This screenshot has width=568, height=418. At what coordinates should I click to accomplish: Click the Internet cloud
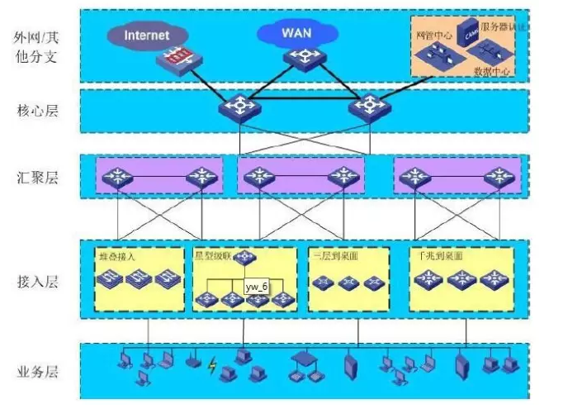[147, 36]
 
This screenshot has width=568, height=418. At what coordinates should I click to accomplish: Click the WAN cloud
[296, 33]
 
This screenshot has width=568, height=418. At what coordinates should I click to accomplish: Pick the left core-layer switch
[239, 107]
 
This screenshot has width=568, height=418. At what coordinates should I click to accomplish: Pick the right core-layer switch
[364, 107]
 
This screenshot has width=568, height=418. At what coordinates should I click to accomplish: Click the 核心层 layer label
[35, 110]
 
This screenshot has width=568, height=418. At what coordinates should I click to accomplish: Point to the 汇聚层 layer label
[35, 177]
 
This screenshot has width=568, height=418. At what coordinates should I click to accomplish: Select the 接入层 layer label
[35, 282]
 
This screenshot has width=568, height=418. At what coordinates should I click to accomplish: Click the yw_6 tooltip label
[257, 286]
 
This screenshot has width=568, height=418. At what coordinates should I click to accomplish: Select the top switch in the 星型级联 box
[244, 259]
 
